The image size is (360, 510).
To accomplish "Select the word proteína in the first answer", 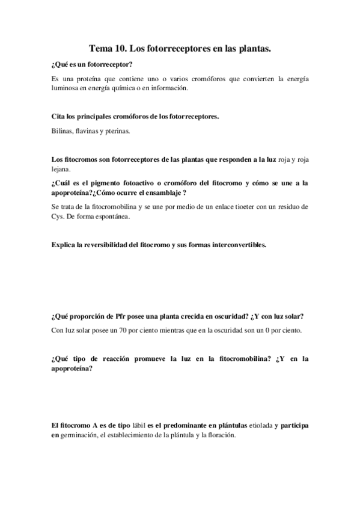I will coord(90,79).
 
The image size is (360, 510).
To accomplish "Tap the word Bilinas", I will coord(63,131).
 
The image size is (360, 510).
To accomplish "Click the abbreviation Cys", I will coord(58,217).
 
